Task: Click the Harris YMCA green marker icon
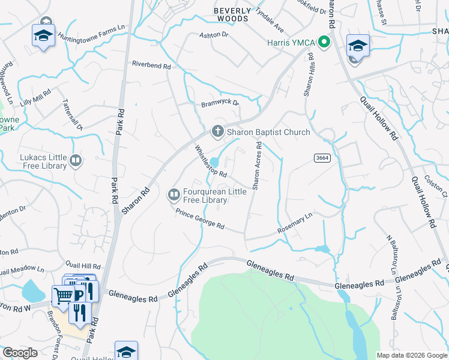pos(325,42)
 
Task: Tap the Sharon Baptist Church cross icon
pos(217,132)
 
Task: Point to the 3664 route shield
pos(322,157)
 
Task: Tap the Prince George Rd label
pos(200,219)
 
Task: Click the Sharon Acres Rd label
pos(257,166)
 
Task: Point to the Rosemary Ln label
pos(295,224)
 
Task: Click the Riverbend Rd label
pos(151,65)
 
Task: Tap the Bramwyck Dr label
pos(220,103)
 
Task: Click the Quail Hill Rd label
pos(83,265)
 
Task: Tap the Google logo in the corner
pos(19,353)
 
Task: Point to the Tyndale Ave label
pos(270,20)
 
